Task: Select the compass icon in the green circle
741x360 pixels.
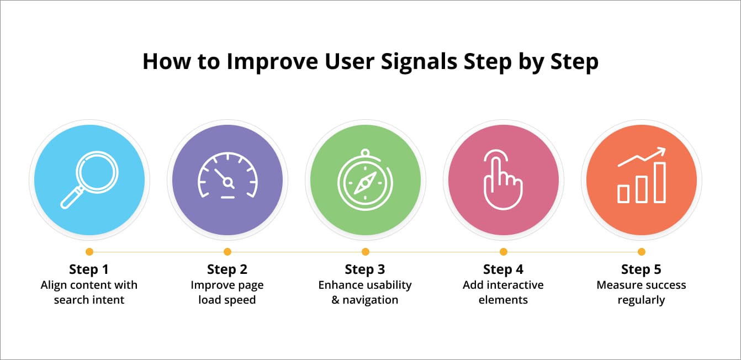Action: [365, 181]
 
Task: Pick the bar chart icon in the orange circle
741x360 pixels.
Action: [642, 176]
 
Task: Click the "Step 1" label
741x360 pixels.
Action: [89, 269]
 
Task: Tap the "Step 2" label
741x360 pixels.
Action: [227, 269]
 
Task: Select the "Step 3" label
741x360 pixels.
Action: [365, 269]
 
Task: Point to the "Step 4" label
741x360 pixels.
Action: [503, 269]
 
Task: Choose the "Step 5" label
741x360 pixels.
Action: [641, 269]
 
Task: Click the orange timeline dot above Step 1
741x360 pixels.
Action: [89, 252]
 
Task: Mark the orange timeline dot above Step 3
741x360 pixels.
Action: [365, 252]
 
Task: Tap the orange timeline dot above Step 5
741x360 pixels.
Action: [642, 252]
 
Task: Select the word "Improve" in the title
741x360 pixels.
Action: [272, 61]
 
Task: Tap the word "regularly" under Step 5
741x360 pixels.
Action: [641, 300]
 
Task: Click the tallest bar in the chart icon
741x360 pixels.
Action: [660, 182]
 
